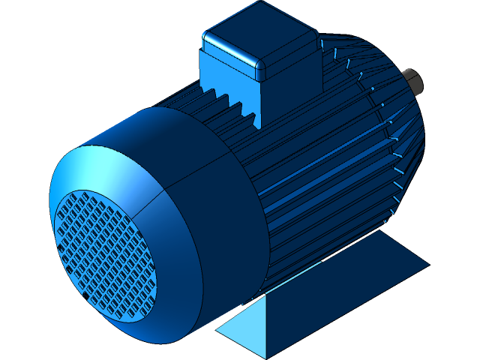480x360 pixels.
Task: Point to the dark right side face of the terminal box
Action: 292,75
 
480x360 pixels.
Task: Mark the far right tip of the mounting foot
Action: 427,264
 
